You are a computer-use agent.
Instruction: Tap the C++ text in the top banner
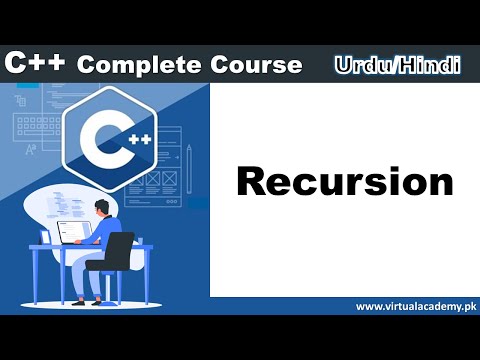point(35,64)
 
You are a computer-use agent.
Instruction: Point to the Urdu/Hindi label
point(397,65)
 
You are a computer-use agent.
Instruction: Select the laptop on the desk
point(72,232)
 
